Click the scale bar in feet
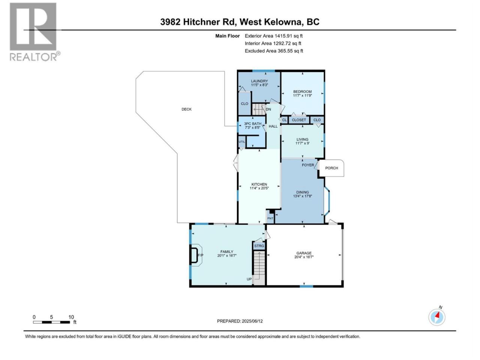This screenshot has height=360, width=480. (52, 322)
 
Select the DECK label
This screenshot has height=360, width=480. (186, 109)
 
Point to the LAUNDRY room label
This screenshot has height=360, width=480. (259, 81)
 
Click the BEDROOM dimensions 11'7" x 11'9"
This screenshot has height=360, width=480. (302, 96)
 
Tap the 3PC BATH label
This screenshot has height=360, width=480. (253, 124)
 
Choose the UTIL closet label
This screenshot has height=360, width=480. (241, 142)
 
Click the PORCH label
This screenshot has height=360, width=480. (331, 168)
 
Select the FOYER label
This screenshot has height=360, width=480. (308, 165)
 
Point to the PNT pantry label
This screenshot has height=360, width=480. (270, 218)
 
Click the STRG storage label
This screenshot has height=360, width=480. (259, 246)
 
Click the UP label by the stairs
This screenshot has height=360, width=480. (249, 279)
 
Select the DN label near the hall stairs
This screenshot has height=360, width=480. (268, 109)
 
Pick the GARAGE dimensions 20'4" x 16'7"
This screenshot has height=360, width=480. (304, 257)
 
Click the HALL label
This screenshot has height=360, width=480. (273, 126)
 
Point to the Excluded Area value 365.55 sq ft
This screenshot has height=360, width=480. (290, 51)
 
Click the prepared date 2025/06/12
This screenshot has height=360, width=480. (252, 321)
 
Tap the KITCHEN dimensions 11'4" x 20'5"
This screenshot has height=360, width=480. (259, 188)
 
